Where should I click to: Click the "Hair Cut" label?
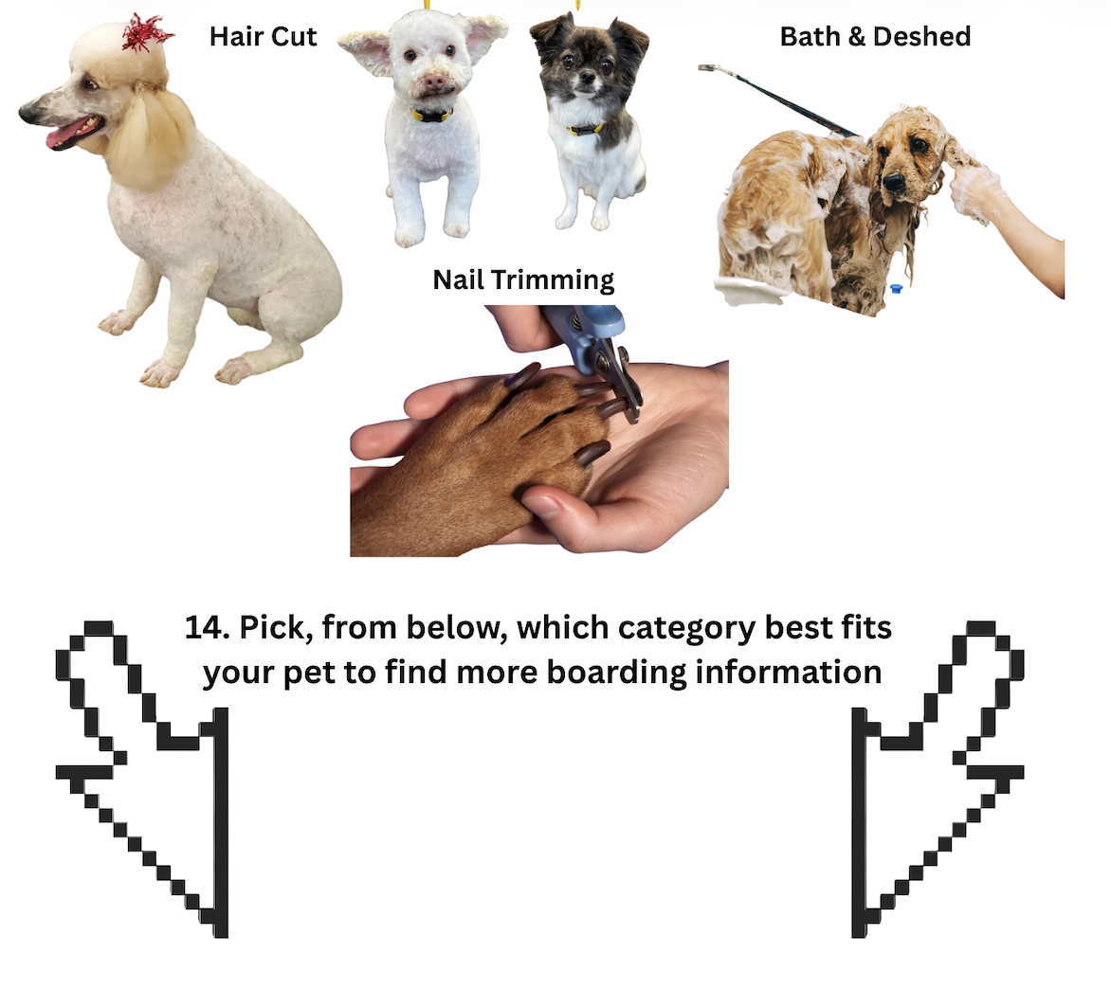[x=263, y=36]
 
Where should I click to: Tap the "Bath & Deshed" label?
[x=875, y=36]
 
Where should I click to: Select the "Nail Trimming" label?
[x=523, y=279]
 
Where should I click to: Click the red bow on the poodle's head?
[x=147, y=32]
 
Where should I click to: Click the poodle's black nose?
[x=27, y=112]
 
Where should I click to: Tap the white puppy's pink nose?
[x=433, y=82]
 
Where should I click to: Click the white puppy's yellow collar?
[x=430, y=114]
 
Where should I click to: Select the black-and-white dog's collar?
[x=585, y=129]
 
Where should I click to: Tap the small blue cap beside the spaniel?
[x=896, y=289]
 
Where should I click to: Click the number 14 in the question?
[x=207, y=627]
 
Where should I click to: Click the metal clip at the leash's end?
[x=708, y=69]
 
